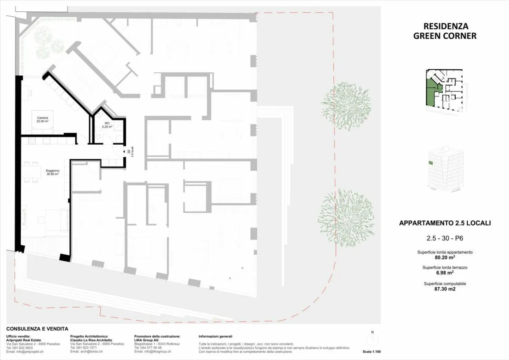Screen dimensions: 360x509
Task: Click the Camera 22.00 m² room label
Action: pyautogui.click(x=42, y=120)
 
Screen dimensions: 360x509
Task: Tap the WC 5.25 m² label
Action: pyautogui.click(x=107, y=125)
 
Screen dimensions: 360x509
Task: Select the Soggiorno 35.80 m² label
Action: pyautogui.click(x=52, y=172)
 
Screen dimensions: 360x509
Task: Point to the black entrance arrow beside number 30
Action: pyautogui.click(x=124, y=152)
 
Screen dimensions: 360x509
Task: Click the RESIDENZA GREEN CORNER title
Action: pyautogui.click(x=445, y=31)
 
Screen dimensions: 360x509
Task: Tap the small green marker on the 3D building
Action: pyautogui.click(x=431, y=163)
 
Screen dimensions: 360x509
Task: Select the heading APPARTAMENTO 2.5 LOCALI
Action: pyautogui.click(x=445, y=223)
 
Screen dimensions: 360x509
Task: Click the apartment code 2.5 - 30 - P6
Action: pyautogui.click(x=445, y=238)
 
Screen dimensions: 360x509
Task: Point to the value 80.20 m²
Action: pyautogui.click(x=445, y=257)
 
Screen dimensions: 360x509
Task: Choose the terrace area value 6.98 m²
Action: pyautogui.click(x=445, y=273)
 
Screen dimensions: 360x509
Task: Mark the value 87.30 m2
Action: pyautogui.click(x=445, y=289)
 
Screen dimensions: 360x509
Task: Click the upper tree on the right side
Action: pyautogui.click(x=346, y=105)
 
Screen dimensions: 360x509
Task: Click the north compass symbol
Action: pyautogui.click(x=372, y=341)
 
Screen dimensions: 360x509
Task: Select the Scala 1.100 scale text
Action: pyautogui.click(x=371, y=352)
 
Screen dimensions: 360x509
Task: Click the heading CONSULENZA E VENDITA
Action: pyautogui.click(x=37, y=329)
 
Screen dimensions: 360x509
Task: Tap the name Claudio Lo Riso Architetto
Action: pyautogui.click(x=91, y=340)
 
